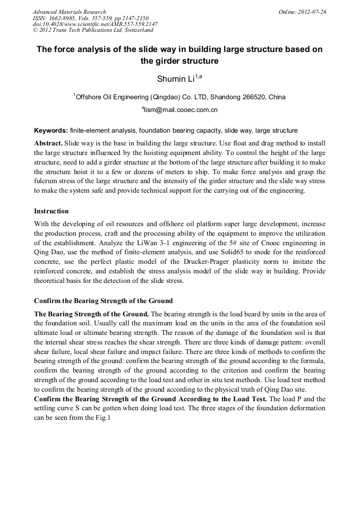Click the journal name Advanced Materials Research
[x=69, y=11]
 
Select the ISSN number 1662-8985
[x=63, y=18]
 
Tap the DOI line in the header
[x=95, y=24]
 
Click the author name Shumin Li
[x=175, y=80]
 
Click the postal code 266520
[x=255, y=97]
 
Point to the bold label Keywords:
[x=51, y=130]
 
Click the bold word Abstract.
[x=48, y=144]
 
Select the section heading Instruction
[x=52, y=211]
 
